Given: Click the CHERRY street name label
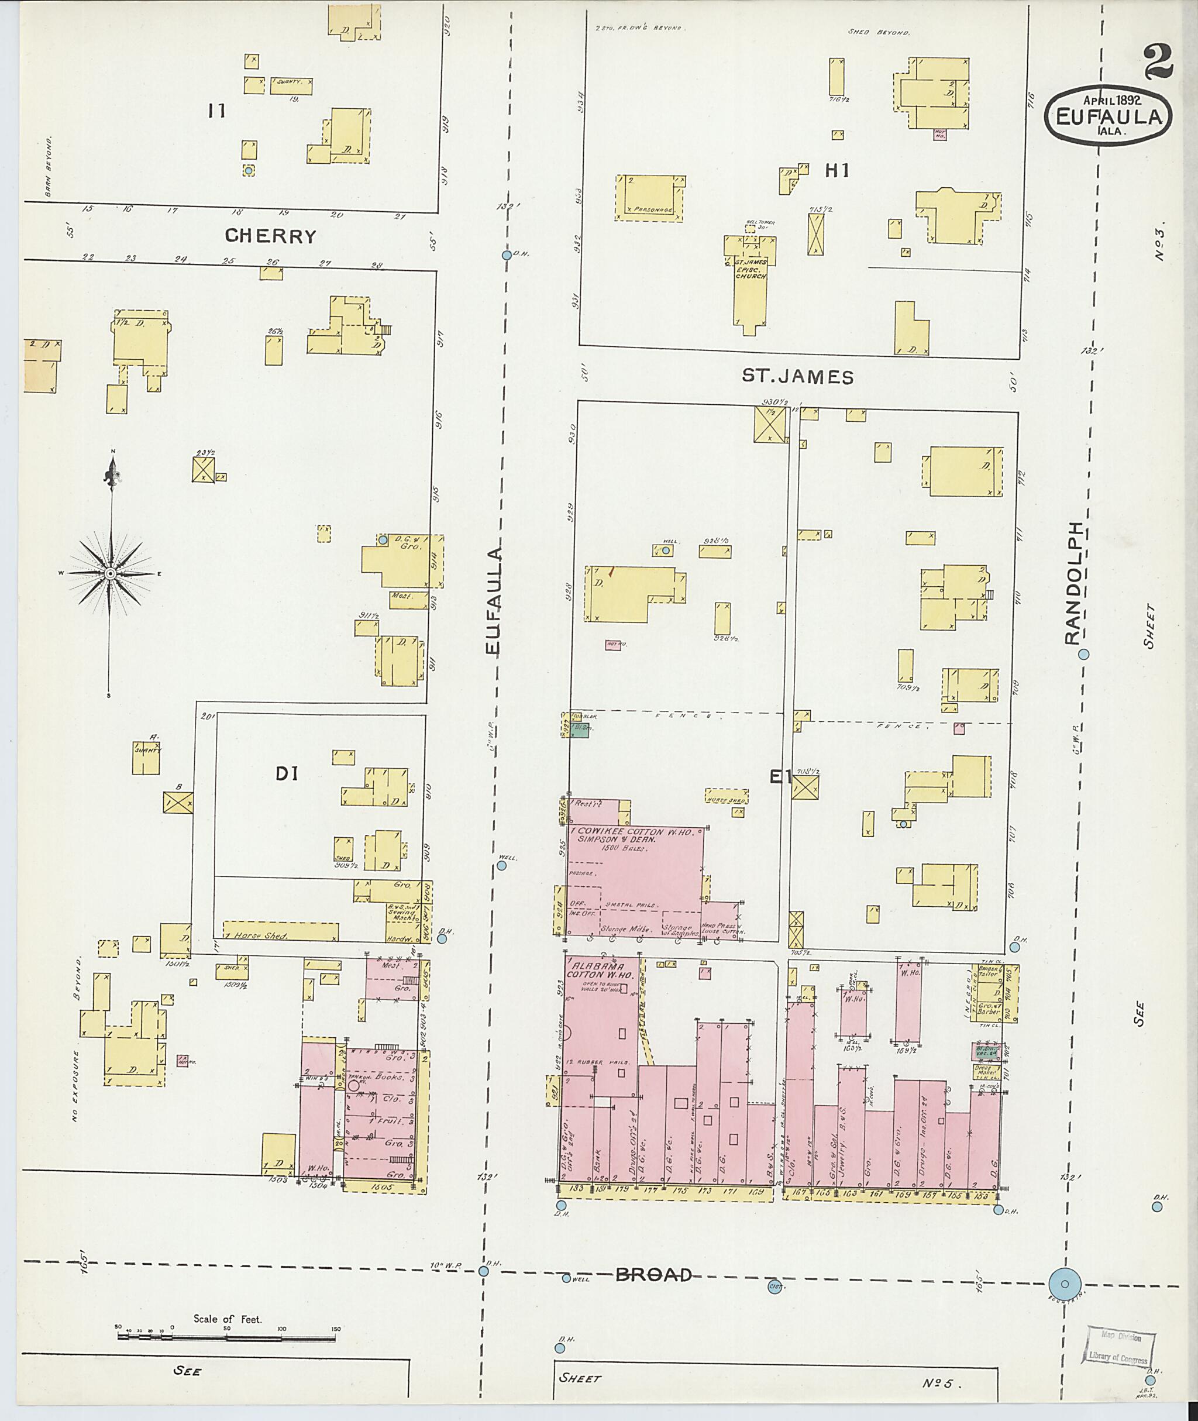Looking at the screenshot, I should pos(270,236).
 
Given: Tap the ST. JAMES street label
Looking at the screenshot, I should pos(797,377).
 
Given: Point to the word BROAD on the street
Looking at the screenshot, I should pos(653,1274).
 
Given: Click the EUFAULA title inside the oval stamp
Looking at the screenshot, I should pos(1108,117).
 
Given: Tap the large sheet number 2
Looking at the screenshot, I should pos(1157,62).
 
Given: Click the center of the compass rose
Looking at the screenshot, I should pos(109,574).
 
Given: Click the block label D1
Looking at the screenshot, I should pos(287,773).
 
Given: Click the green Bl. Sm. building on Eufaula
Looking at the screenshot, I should pos(579,731).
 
